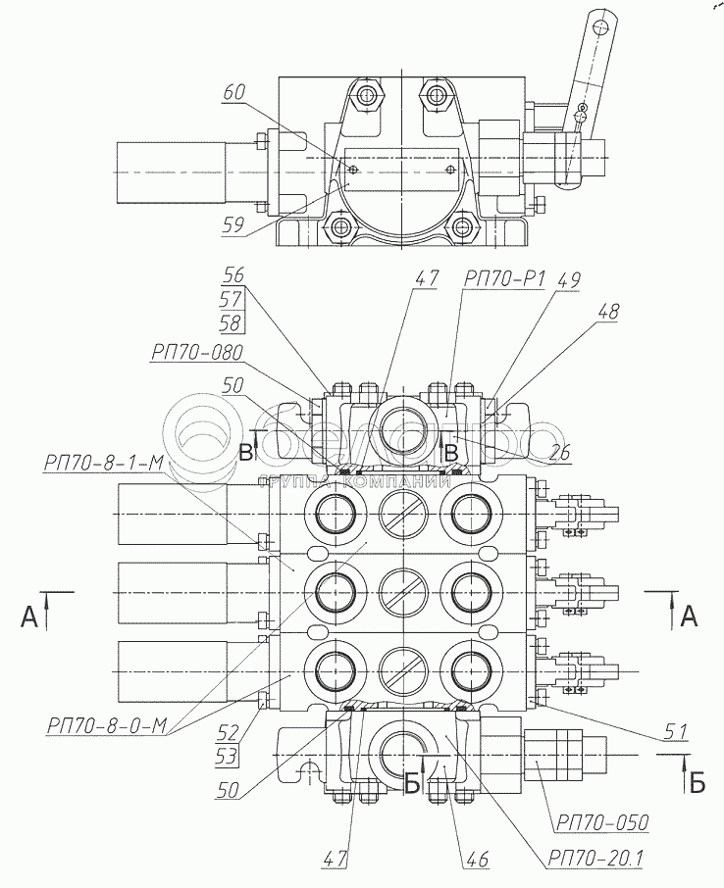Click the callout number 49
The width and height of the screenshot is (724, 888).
click(x=568, y=279)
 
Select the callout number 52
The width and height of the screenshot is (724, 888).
click(x=228, y=732)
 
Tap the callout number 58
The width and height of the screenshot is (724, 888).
click(x=232, y=322)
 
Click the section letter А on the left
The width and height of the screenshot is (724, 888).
click(x=29, y=617)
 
